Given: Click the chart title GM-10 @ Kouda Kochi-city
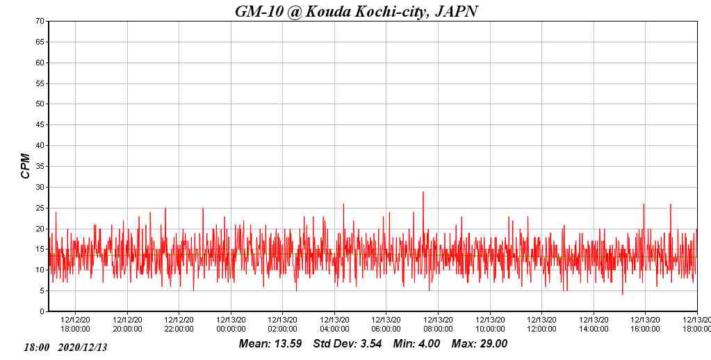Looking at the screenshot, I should tap(356, 11).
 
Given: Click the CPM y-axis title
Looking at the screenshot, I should tap(26, 166).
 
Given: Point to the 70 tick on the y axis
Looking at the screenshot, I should tap(40, 22).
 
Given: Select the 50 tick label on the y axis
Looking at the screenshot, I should tap(40, 104).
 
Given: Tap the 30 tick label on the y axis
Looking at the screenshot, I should tap(40, 187).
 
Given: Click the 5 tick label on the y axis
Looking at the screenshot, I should tap(42, 291).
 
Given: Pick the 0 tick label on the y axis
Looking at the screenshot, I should tap(42, 311).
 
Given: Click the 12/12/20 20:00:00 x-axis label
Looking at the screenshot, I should tap(127, 325).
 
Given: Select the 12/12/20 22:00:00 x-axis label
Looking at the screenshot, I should tap(179, 325).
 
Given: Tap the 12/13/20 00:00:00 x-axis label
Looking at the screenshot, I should tap(231, 325).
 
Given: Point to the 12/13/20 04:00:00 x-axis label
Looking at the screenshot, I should tap(334, 325).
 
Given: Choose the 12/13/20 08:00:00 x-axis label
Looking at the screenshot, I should tap(438, 325).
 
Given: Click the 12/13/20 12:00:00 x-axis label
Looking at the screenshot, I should tap(541, 325).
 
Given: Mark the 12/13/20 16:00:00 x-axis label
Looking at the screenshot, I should tap(645, 325).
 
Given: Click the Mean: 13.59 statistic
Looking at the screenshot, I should tap(270, 344).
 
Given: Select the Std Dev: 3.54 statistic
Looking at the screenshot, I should tap(348, 344).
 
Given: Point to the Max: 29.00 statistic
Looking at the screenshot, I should tap(480, 344).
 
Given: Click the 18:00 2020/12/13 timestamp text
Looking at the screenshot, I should tap(66, 347).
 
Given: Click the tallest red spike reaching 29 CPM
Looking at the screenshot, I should tap(423, 193).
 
